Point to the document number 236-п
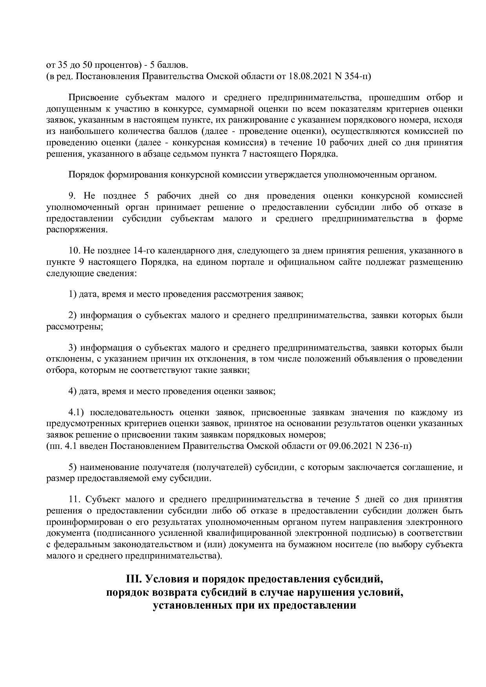tap(396, 446)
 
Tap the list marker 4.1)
tap(77, 412)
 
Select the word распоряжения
tap(76, 230)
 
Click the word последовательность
tap(132, 412)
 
